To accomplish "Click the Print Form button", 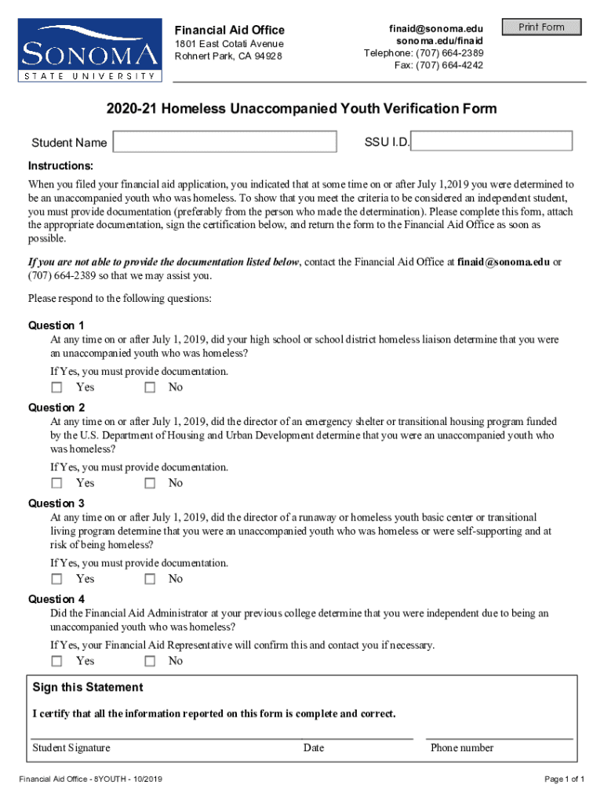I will [x=541, y=27].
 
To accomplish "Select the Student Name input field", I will [x=224, y=142].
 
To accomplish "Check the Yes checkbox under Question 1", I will [x=56, y=387].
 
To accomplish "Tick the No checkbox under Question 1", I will [x=150, y=387].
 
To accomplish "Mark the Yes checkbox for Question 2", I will [x=56, y=483].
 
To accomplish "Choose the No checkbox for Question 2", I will [x=150, y=483].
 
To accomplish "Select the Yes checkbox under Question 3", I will [x=56, y=580].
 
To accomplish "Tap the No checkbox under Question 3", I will [x=150, y=580].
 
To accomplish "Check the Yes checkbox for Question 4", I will [x=56, y=661].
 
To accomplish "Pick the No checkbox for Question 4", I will [x=150, y=661].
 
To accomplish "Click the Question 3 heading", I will [x=56, y=503].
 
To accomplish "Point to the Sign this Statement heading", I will [x=88, y=688].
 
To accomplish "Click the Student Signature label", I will [x=71, y=748].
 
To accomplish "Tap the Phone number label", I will [x=462, y=748].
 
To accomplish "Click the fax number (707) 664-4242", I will [x=438, y=65].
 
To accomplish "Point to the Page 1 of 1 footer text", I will [x=565, y=779].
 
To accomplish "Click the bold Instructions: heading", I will [x=61, y=166].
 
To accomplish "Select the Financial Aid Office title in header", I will [x=229, y=30].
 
